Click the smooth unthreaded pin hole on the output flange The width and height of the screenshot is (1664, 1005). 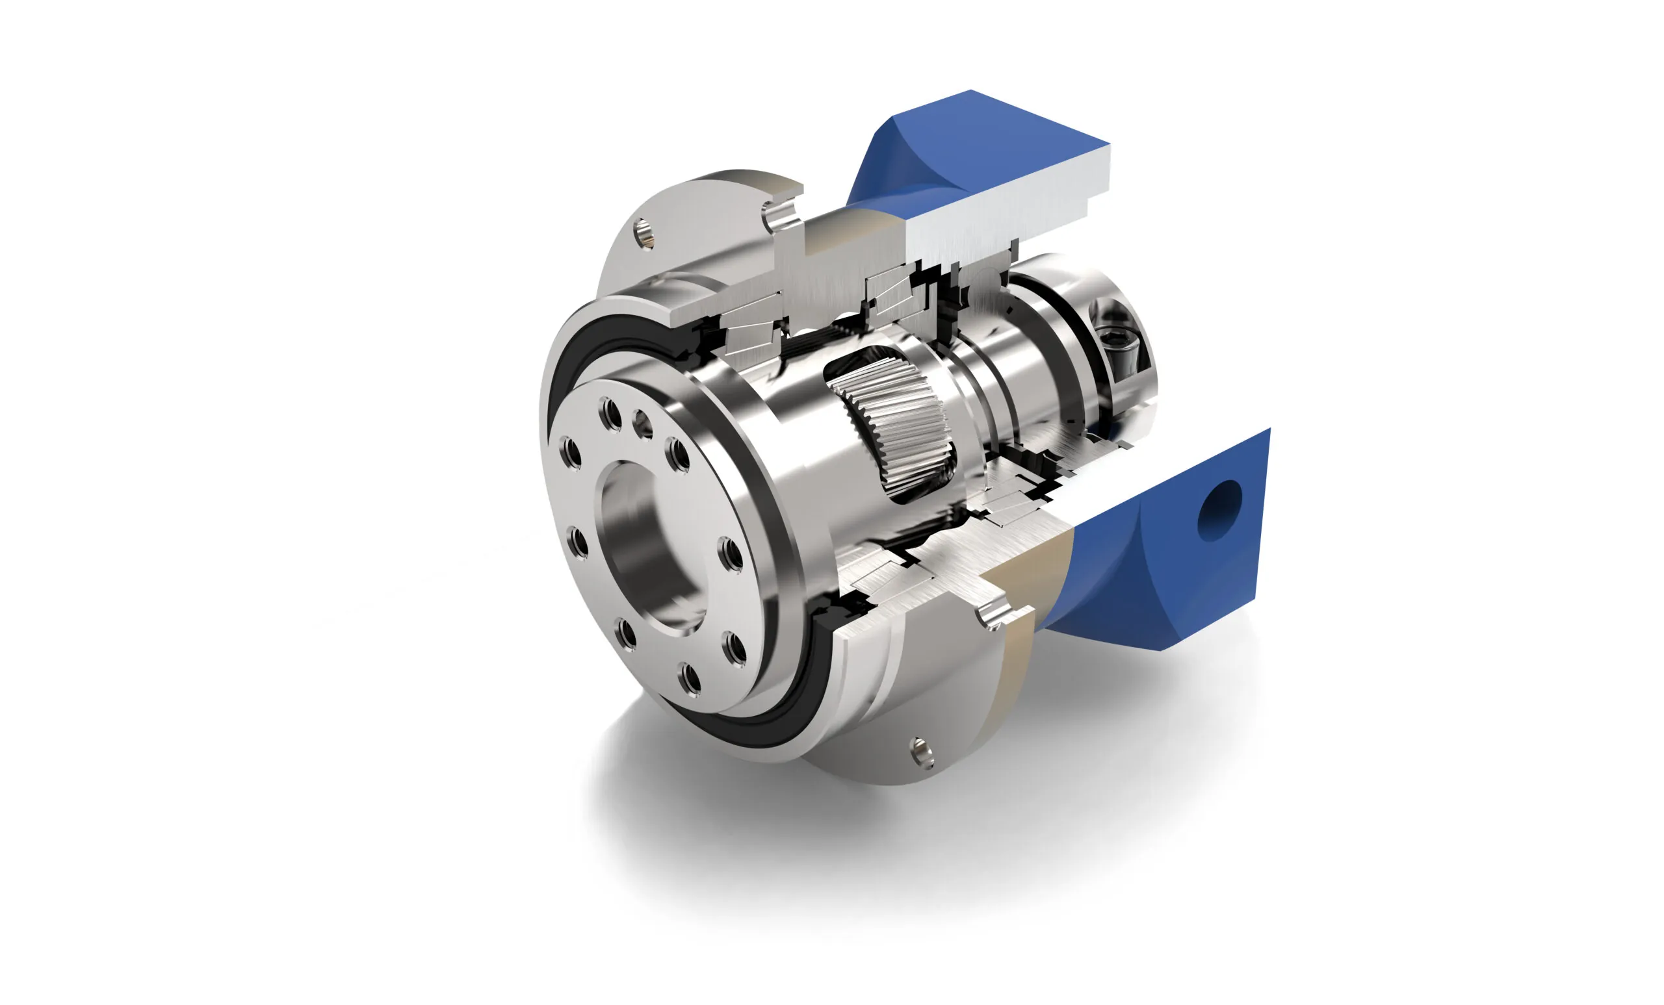point(642,424)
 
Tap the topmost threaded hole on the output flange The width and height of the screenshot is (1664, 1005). point(610,414)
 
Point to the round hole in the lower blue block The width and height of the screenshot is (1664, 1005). point(1219,510)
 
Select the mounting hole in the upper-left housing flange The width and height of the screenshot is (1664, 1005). point(644,233)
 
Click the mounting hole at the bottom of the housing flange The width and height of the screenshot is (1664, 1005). point(922,752)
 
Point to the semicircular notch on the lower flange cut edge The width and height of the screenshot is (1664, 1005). point(993,617)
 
